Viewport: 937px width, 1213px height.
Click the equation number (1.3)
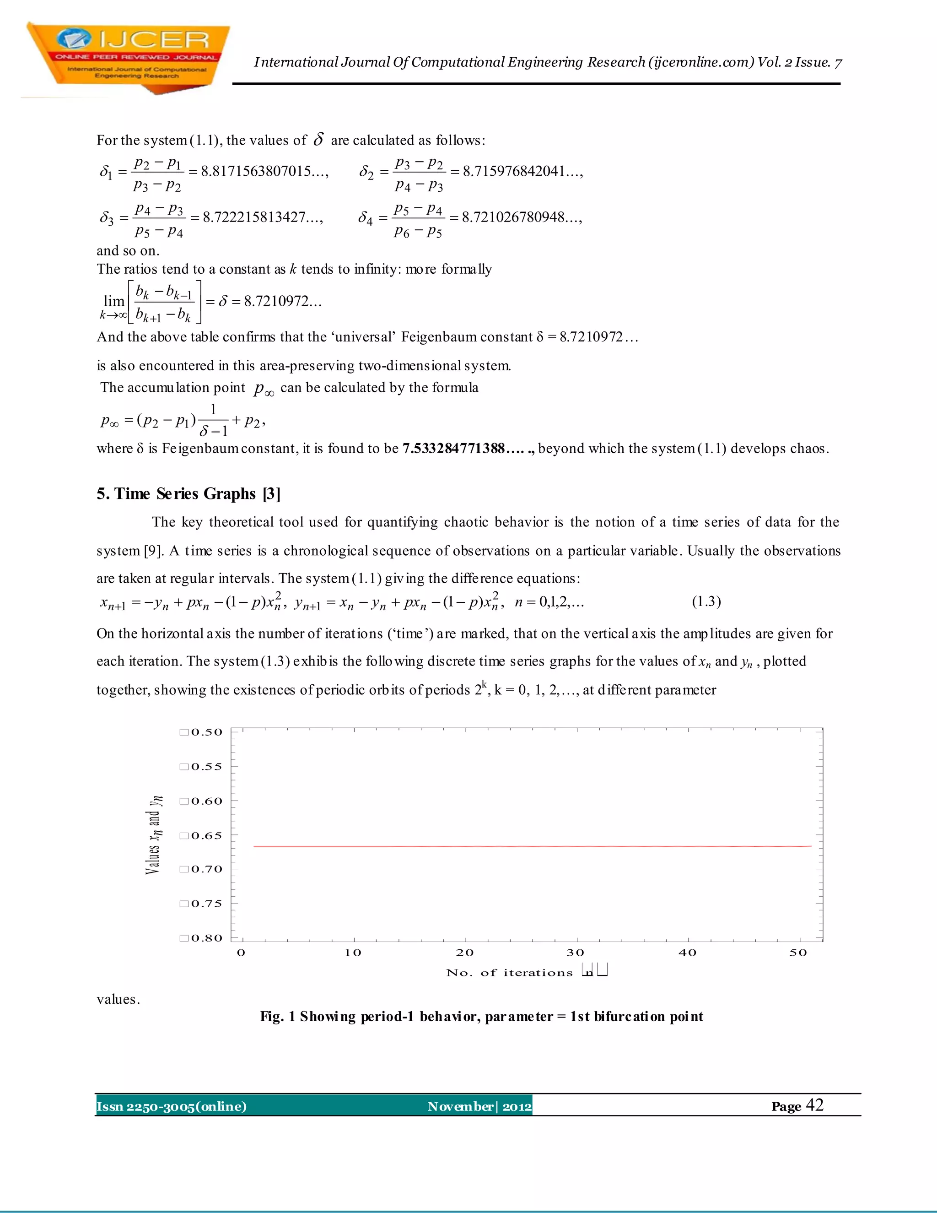[706, 601]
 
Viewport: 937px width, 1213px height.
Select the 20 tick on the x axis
[465, 953]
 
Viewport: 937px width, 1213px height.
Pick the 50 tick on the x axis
[798, 953]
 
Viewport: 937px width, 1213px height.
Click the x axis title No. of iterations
[509, 973]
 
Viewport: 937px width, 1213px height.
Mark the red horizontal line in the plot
[532, 846]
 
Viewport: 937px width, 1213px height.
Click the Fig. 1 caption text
[481, 1016]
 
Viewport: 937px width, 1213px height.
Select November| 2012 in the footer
[479, 1106]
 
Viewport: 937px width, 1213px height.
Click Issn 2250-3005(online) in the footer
[172, 1106]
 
